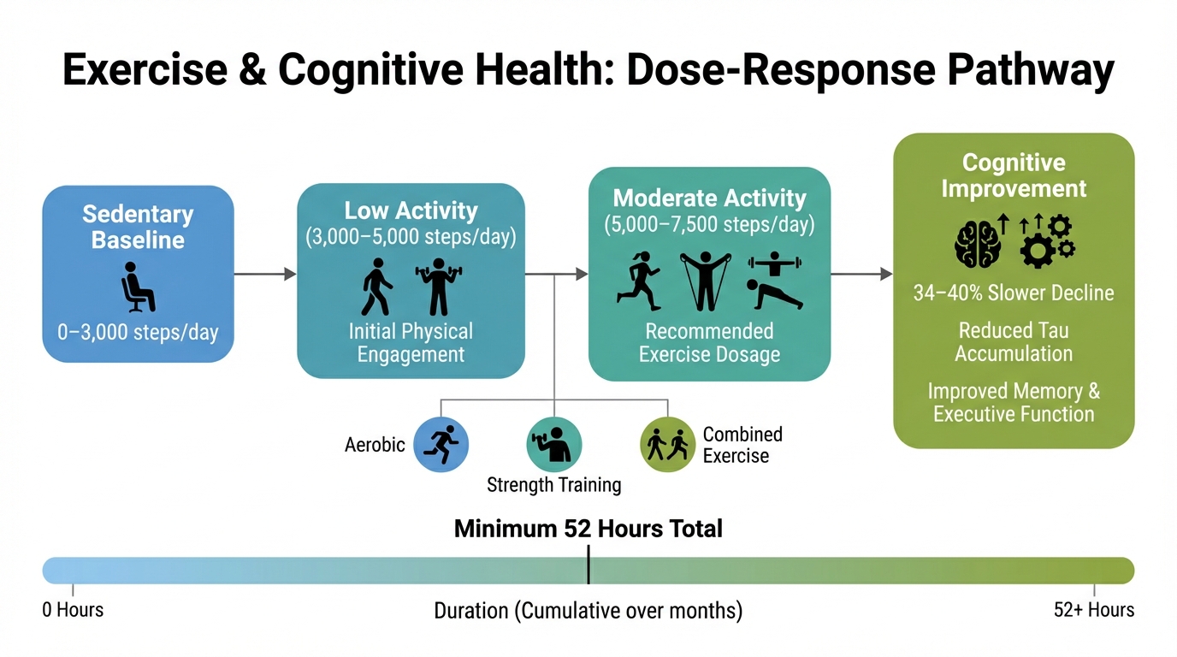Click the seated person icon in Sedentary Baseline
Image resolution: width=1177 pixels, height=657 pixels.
(x=138, y=287)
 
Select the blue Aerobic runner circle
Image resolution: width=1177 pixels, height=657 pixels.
(x=441, y=444)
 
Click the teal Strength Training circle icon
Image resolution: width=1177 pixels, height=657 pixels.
(x=553, y=444)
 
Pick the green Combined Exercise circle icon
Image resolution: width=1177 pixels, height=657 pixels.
(x=667, y=444)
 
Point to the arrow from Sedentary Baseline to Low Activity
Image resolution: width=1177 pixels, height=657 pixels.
(x=265, y=274)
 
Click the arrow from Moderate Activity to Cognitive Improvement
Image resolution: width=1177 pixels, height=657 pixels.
(x=861, y=274)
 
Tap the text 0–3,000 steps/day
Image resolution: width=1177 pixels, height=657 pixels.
(x=138, y=332)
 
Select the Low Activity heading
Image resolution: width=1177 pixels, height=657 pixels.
(x=411, y=210)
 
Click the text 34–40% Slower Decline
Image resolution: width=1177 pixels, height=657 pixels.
(x=1014, y=293)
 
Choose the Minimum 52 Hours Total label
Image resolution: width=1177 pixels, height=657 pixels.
(x=588, y=529)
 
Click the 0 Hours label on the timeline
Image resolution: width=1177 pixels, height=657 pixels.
(x=73, y=610)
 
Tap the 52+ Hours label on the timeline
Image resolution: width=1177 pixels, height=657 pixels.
(x=1094, y=610)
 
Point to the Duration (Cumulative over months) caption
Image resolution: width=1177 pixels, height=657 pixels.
(x=588, y=611)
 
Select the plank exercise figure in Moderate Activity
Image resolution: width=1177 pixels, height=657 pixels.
(x=775, y=293)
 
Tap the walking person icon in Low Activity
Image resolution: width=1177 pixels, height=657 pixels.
(x=376, y=286)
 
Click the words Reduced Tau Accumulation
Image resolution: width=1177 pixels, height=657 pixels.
(x=1014, y=342)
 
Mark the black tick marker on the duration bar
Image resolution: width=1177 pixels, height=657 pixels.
(x=588, y=569)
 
